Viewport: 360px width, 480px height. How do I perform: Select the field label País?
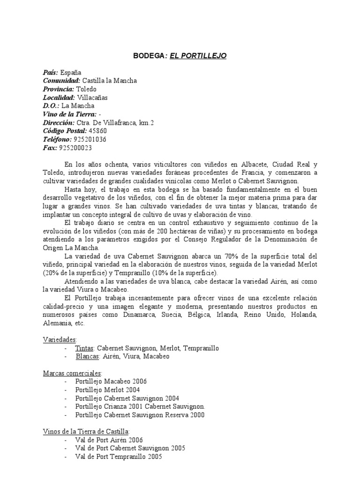pos(50,72)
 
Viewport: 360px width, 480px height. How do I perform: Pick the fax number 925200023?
pos(75,148)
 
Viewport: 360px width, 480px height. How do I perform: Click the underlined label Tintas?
pos(85,348)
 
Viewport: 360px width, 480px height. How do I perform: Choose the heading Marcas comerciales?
pos(72,373)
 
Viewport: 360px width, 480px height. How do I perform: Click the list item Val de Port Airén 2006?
pos(109,440)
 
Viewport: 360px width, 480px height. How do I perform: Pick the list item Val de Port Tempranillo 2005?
pos(118,457)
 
